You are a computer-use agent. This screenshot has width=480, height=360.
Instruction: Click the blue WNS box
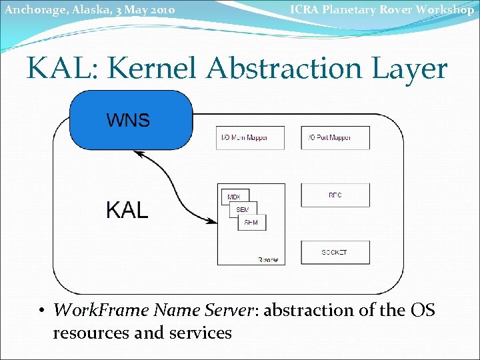tap(131, 119)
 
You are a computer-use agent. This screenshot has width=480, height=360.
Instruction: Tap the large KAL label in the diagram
tap(127, 209)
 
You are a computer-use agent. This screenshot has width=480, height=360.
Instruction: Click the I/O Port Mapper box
tap(335, 137)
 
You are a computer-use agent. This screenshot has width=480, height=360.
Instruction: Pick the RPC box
tap(335, 195)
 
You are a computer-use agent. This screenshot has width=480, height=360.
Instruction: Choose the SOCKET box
tap(335, 253)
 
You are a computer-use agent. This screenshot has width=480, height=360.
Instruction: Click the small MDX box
tap(234, 197)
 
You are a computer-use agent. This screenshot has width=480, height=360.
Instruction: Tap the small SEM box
tap(243, 210)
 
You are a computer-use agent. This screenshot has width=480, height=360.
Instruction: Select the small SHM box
tap(251, 223)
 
